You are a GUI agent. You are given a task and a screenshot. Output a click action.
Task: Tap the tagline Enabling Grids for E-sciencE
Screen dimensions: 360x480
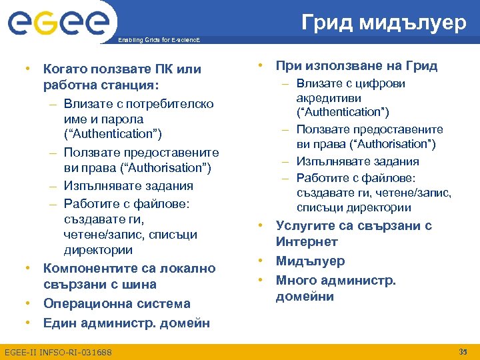pyautogui.click(x=157, y=41)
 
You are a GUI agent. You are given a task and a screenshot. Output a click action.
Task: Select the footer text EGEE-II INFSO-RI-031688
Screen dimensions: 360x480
pyautogui.click(x=58, y=352)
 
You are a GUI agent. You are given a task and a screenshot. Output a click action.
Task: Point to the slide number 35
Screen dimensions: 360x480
pyautogui.click(x=464, y=351)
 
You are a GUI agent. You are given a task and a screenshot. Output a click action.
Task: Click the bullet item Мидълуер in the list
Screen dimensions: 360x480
pyautogui.click(x=310, y=261)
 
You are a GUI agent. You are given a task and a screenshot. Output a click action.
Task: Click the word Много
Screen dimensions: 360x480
pyautogui.click(x=295, y=281)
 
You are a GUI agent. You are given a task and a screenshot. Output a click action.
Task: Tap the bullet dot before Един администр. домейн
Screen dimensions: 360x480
pyautogui.click(x=29, y=323)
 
